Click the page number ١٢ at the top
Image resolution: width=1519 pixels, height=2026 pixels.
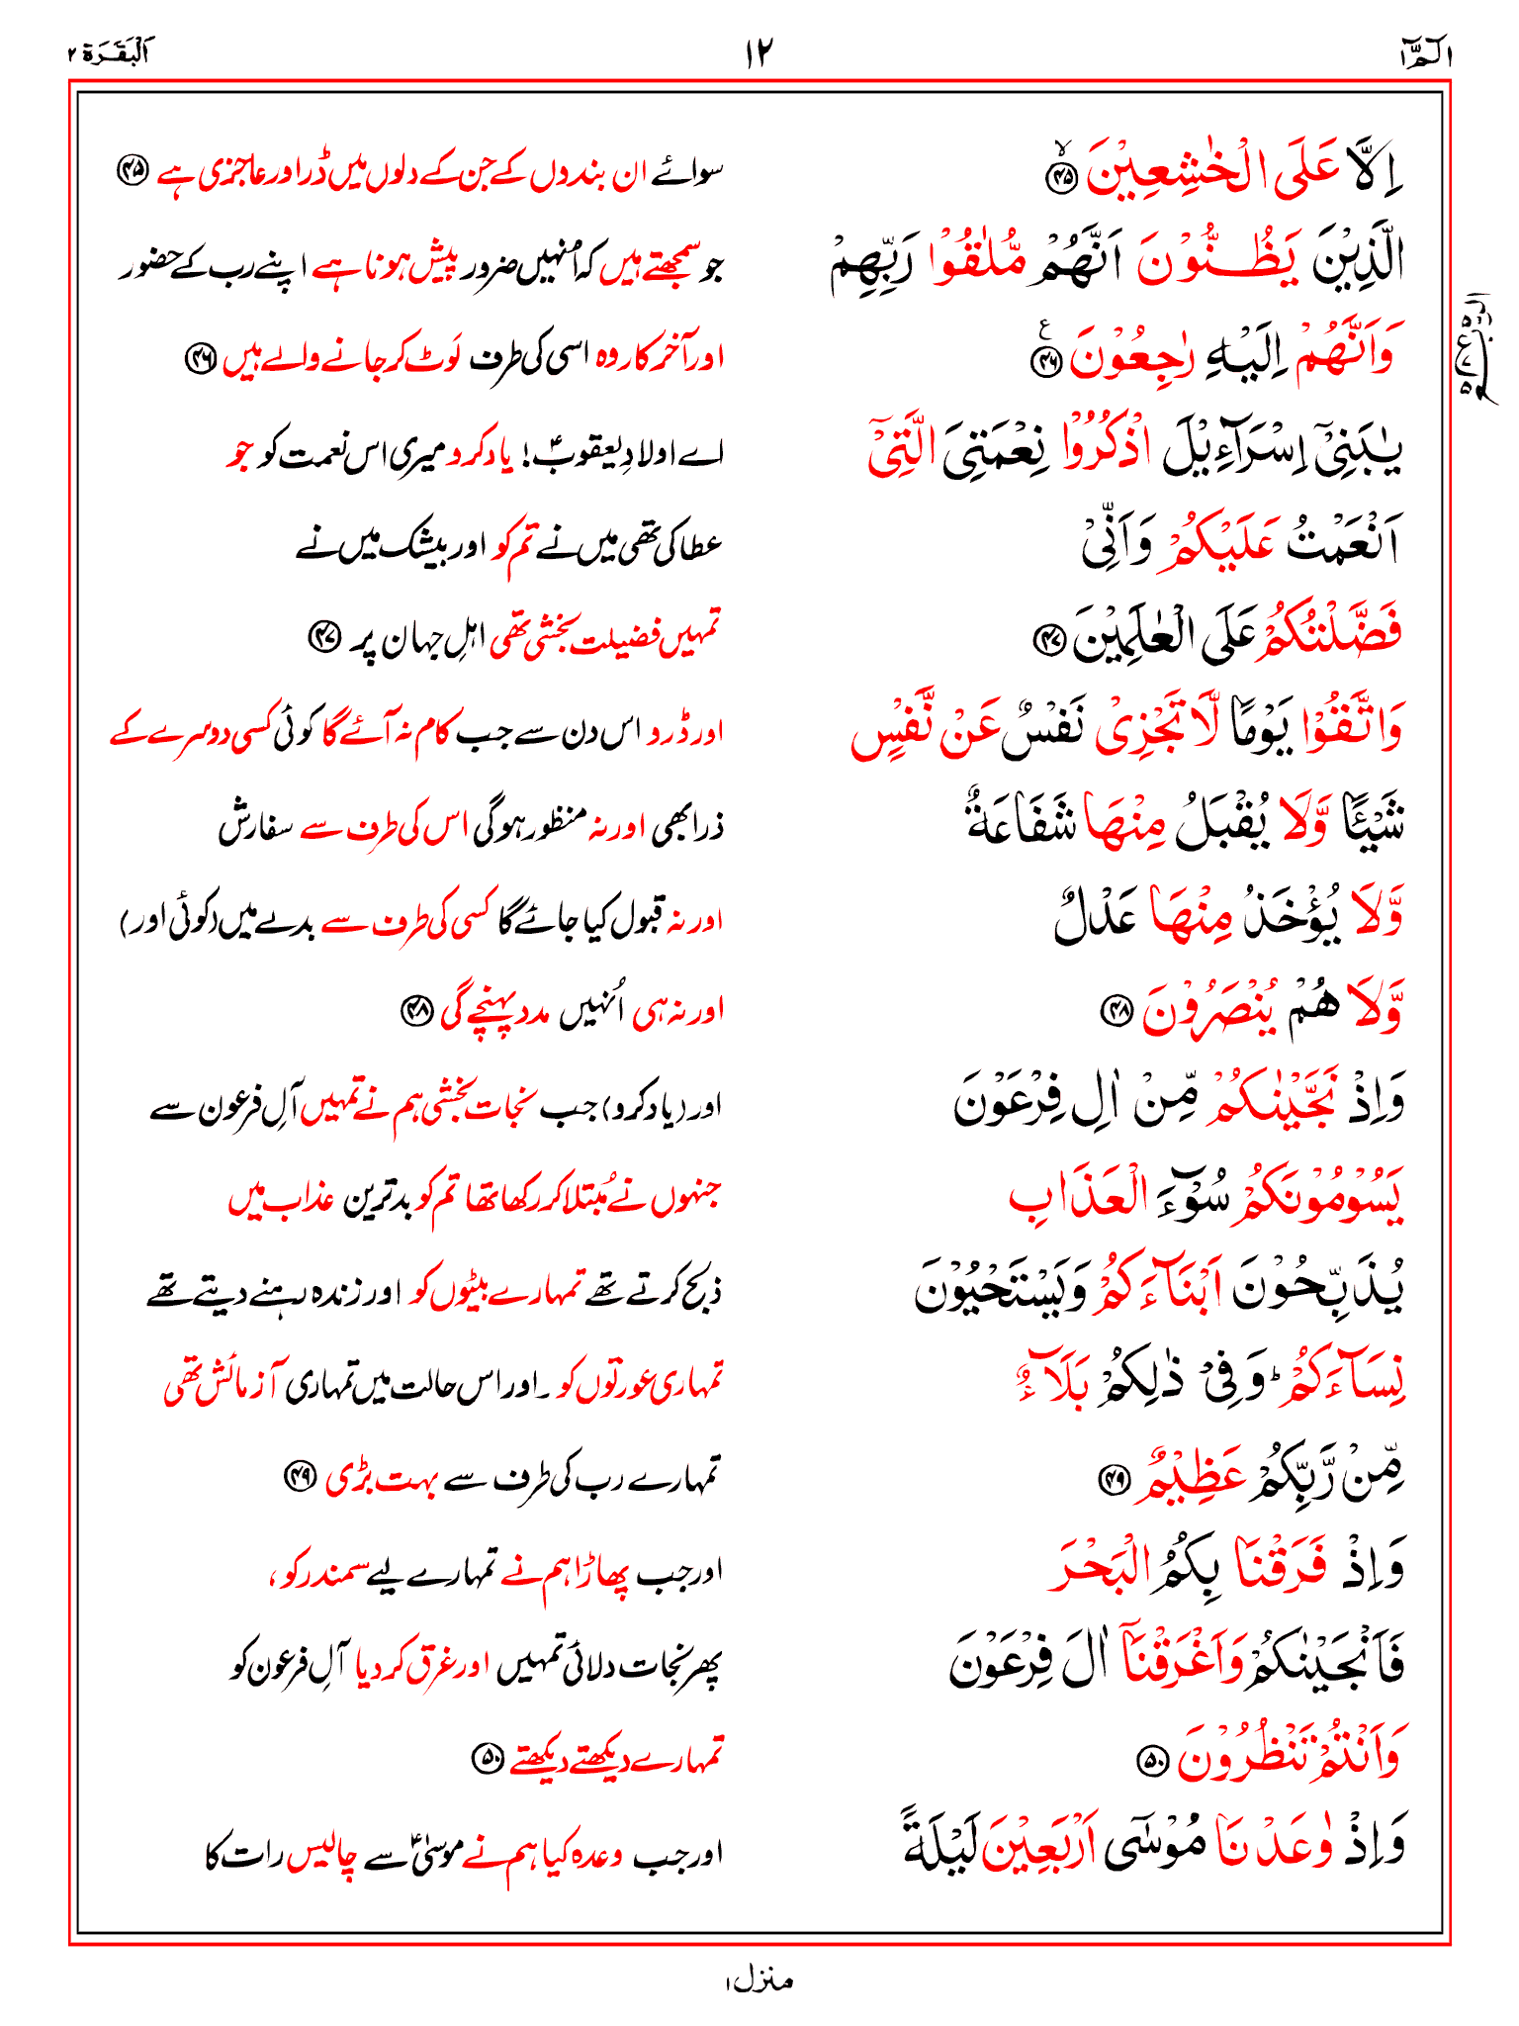click(759, 52)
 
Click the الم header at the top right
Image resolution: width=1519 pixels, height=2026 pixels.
click(1425, 55)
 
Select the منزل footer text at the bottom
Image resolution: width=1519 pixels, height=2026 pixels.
click(759, 1980)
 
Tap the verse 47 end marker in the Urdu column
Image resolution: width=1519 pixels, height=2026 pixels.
click(323, 634)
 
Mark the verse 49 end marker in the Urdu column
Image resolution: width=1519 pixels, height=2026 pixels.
click(299, 1477)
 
